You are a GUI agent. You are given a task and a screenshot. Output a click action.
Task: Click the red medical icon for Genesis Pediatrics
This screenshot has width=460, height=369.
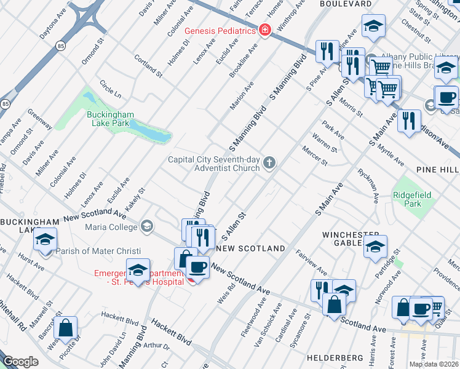pyautogui.click(x=265, y=30)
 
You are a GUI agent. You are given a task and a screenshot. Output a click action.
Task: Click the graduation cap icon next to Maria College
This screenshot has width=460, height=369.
pyautogui.click(x=147, y=227)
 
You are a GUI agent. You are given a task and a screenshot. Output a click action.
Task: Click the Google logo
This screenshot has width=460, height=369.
pyautogui.click(x=20, y=361)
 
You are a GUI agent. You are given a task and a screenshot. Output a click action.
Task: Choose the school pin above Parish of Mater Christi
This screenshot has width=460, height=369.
pyautogui.click(x=45, y=240)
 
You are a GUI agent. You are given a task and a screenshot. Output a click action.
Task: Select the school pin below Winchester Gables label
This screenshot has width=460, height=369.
pyautogui.click(x=375, y=247)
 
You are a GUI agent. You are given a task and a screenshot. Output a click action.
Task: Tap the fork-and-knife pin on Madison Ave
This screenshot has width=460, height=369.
pyautogui.click(x=408, y=121)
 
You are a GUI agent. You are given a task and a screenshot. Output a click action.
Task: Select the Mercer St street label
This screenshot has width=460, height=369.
pyautogui.click(x=314, y=154)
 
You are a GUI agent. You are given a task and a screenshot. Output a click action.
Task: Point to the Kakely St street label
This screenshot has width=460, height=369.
pyautogui.click(x=135, y=200)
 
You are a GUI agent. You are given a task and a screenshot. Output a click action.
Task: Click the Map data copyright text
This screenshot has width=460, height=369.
pyautogui.click(x=433, y=364)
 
